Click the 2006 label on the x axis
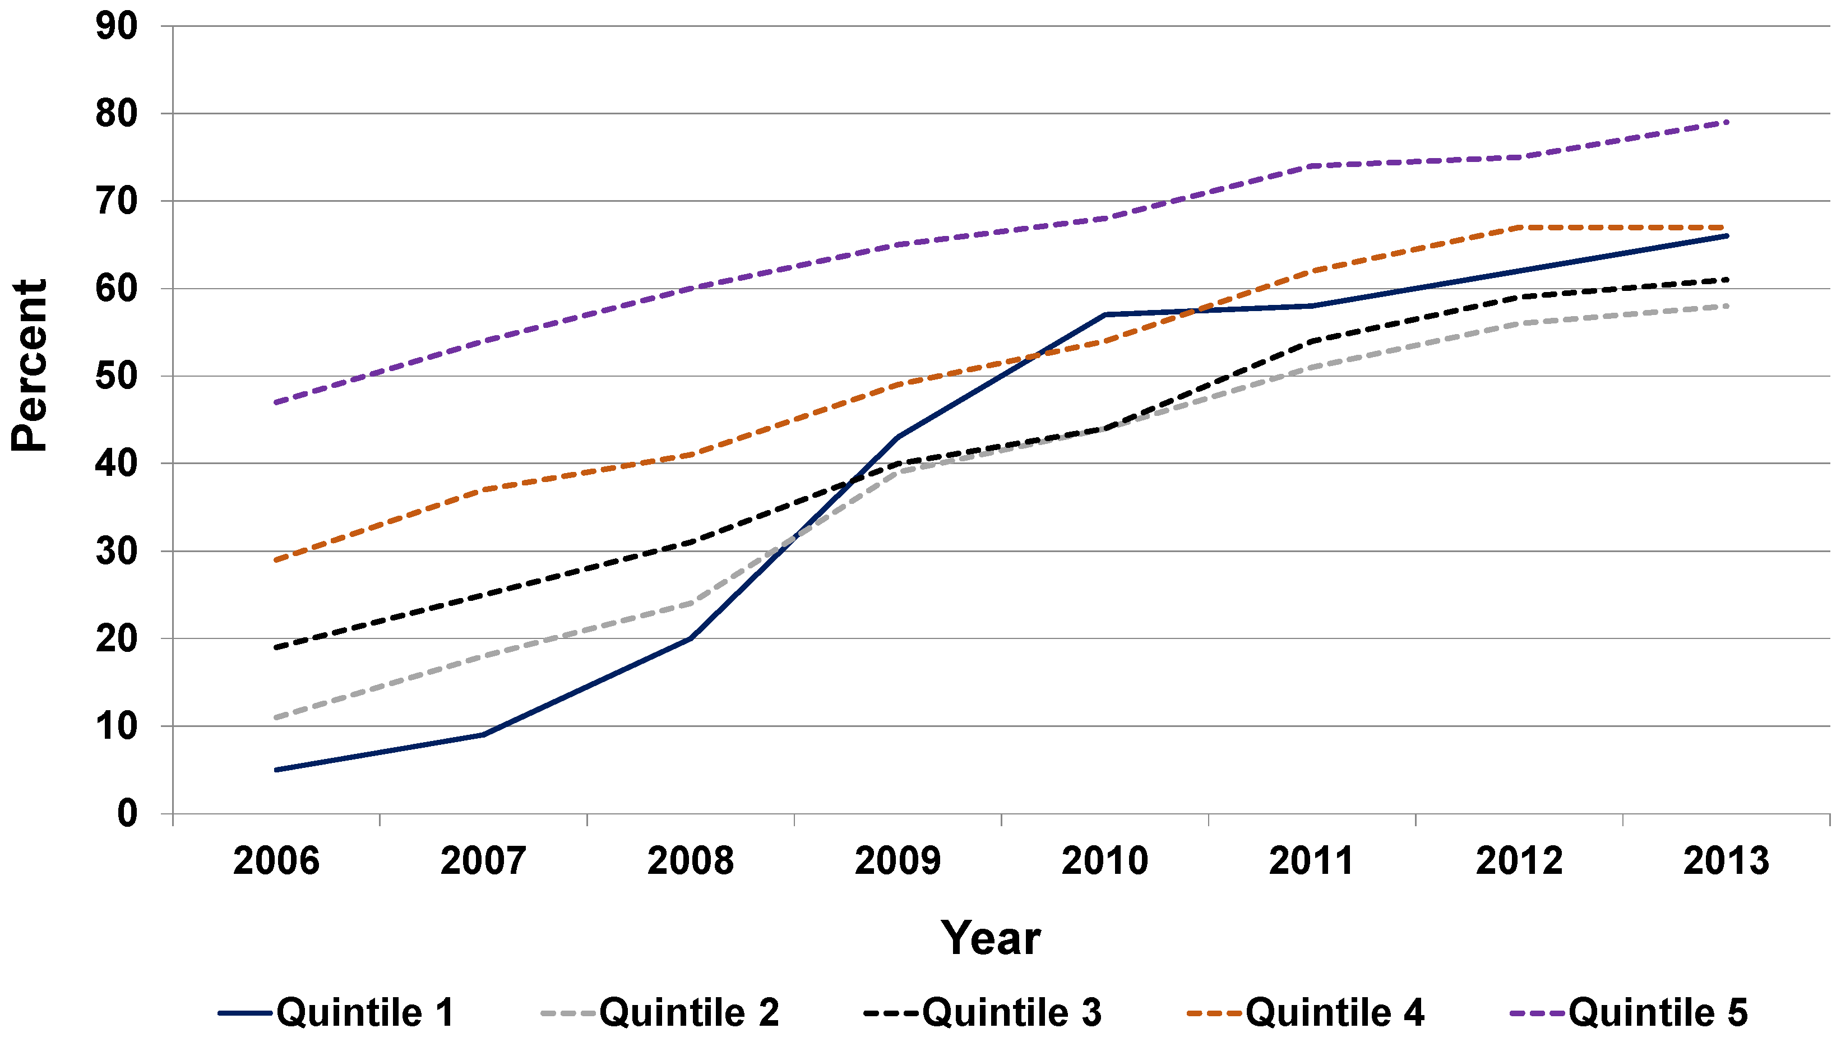coord(276,861)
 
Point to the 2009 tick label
coord(898,861)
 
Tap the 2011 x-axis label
coord(1311,861)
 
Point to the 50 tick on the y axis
coord(116,377)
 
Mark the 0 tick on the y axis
coord(127,814)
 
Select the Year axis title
coord(991,938)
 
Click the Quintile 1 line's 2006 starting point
coord(276,770)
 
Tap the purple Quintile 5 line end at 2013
coord(1727,122)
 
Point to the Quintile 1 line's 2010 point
coord(1105,314)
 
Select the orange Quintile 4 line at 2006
coord(276,559)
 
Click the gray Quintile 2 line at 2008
coord(690,603)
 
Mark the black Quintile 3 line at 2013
coord(1727,280)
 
